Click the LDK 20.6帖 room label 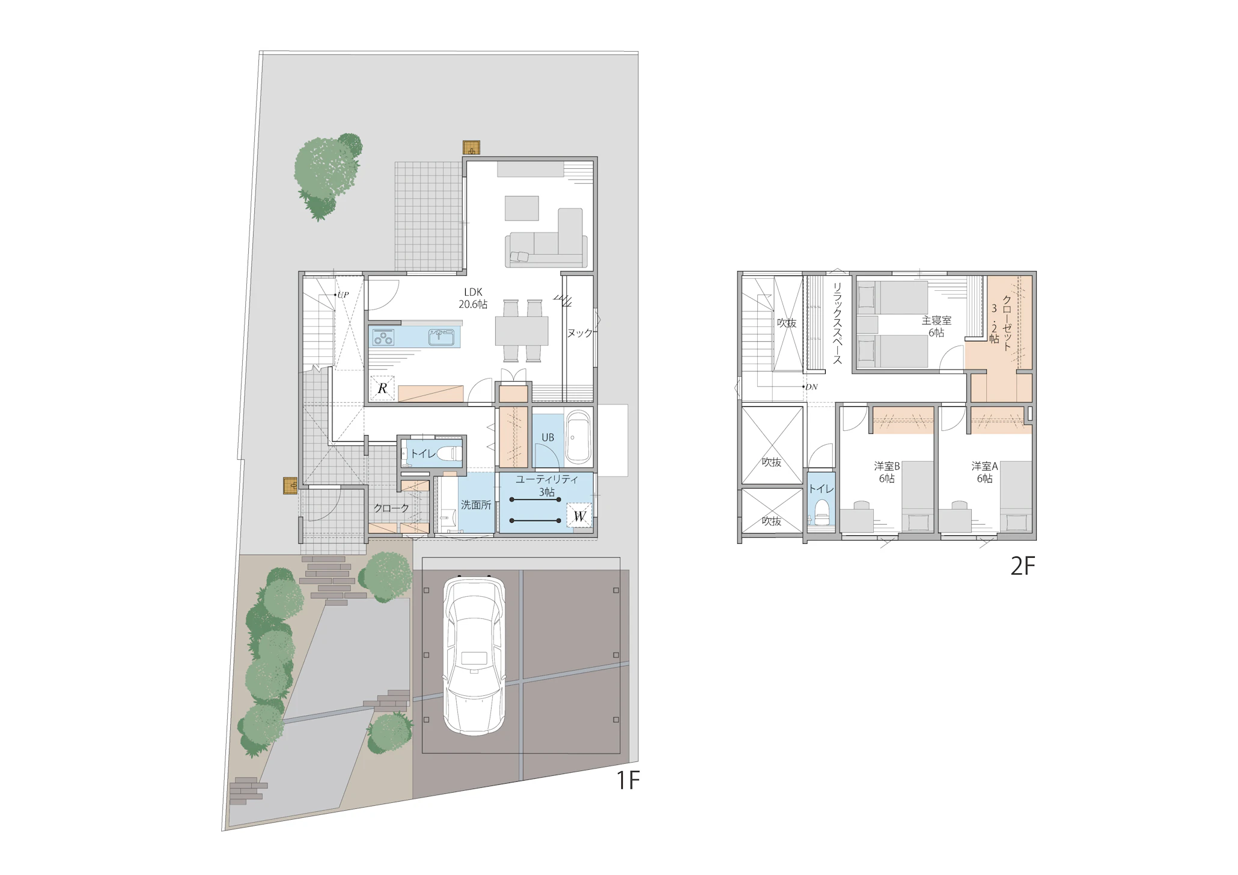473,299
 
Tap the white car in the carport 474,655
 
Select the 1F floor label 627,780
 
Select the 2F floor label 1022,566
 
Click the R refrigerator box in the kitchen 382,388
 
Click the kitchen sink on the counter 444,337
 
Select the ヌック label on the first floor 579,333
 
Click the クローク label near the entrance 391,508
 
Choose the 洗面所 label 476,505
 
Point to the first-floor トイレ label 423,453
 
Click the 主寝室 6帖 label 936,326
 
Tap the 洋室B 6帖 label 886,472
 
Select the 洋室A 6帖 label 984,472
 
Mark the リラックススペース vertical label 837,323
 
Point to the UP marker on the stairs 341,295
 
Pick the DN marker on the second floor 810,387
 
